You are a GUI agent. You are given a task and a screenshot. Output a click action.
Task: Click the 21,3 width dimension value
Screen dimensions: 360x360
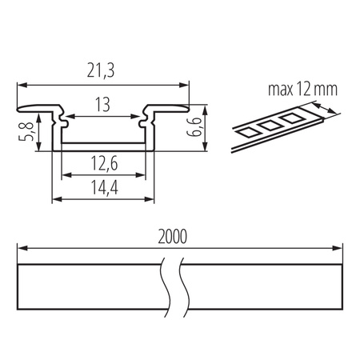point(102,73)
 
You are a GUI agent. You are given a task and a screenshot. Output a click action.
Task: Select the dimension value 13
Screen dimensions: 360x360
point(103,105)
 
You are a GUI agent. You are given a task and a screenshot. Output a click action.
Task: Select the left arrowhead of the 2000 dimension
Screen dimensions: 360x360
point(21,249)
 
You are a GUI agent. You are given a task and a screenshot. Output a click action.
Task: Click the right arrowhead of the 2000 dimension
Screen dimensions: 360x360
point(341,249)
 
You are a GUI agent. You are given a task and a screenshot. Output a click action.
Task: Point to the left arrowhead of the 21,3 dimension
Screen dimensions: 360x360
point(21,83)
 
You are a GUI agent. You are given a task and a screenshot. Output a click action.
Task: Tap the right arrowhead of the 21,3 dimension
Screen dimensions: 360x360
point(186,83)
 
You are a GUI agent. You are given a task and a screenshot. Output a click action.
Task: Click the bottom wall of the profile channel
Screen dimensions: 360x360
point(103,148)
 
